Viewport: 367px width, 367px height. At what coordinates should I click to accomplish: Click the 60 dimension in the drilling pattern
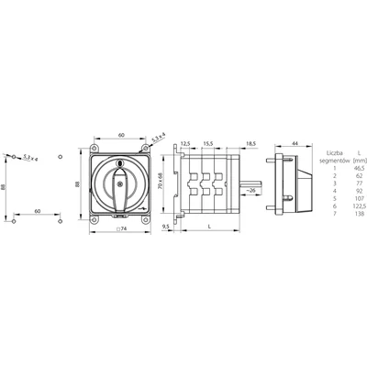tap(38, 211)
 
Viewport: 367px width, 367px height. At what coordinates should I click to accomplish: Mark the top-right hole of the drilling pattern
tap(61, 158)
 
